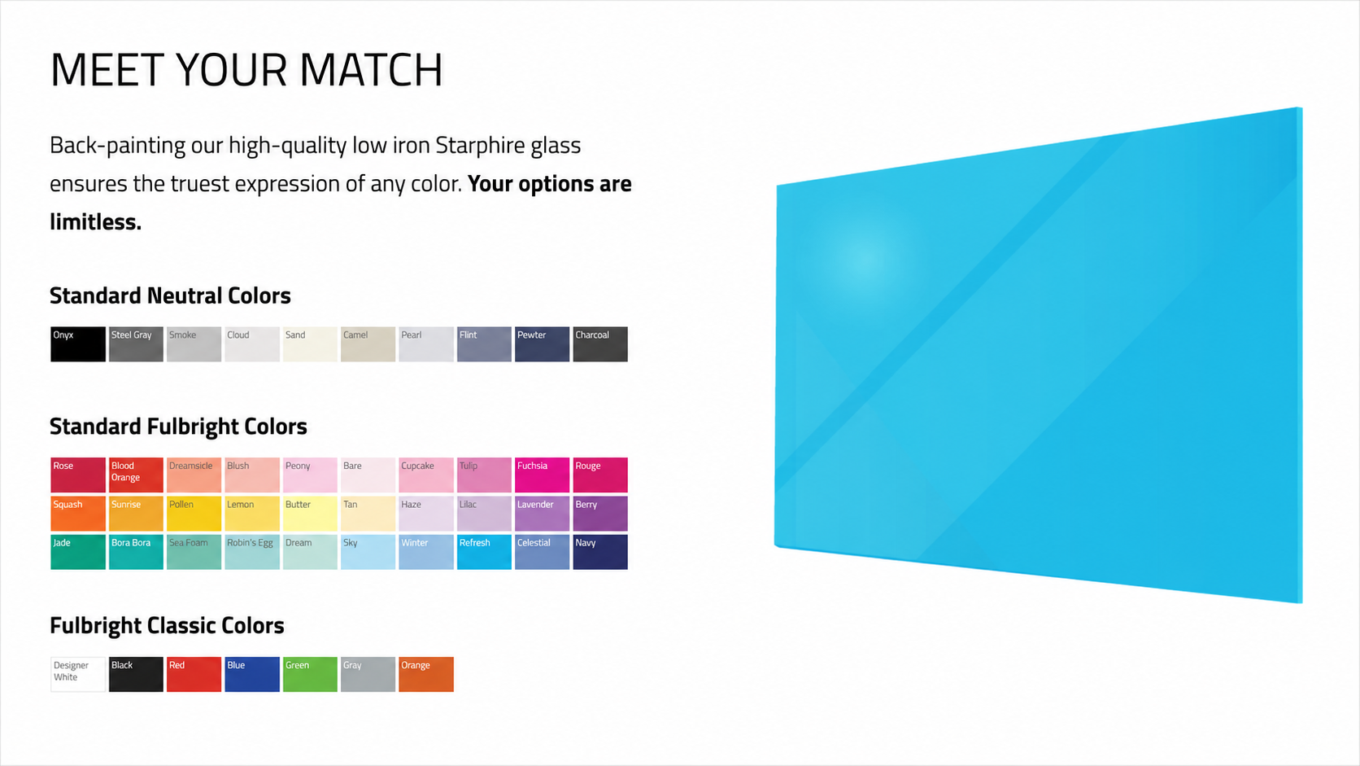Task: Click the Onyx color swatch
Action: point(78,344)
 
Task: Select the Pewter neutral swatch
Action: point(543,344)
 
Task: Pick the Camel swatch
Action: point(368,344)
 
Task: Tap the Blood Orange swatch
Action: point(136,475)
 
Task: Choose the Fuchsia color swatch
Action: point(543,475)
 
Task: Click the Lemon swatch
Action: point(252,514)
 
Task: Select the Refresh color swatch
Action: point(484,552)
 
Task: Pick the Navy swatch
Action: point(600,552)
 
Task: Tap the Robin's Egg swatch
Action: point(252,552)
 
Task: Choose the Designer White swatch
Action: point(78,674)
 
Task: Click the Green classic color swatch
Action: point(310,674)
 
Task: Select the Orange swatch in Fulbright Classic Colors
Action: point(426,674)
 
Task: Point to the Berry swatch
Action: point(600,514)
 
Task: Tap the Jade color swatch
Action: point(78,552)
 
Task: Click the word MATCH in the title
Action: point(371,70)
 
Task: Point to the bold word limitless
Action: point(95,221)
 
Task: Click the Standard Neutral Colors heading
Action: point(170,295)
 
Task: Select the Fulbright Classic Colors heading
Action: point(167,626)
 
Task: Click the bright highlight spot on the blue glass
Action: point(865,258)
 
